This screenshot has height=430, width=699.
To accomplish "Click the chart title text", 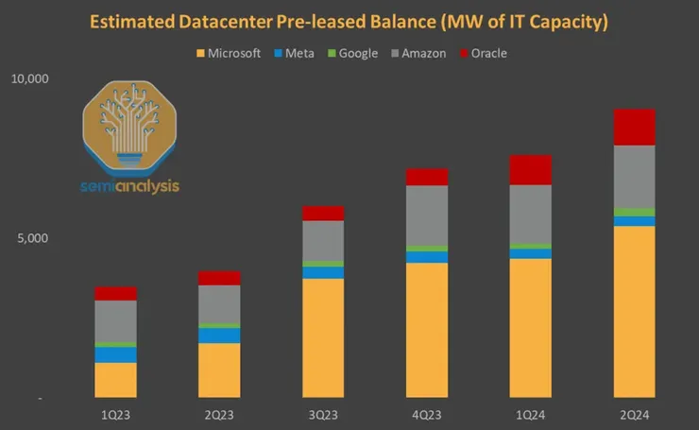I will [349, 22].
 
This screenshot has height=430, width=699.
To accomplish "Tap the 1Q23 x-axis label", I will [116, 415].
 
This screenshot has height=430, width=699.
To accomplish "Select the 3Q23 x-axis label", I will [323, 415].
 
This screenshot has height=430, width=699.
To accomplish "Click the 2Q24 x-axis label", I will [633, 415].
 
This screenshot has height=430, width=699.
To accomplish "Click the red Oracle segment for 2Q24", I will [634, 127].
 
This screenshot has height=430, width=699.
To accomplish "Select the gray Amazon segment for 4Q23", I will [427, 215].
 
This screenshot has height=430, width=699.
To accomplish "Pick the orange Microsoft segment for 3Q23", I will [323, 338].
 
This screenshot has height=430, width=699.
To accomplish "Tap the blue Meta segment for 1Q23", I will [116, 354].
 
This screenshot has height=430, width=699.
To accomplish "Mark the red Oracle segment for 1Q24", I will [530, 170].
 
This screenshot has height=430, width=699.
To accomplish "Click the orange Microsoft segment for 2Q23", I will [219, 370].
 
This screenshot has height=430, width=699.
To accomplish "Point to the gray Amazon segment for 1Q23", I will [116, 321].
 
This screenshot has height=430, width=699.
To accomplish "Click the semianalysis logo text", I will [130, 186].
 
